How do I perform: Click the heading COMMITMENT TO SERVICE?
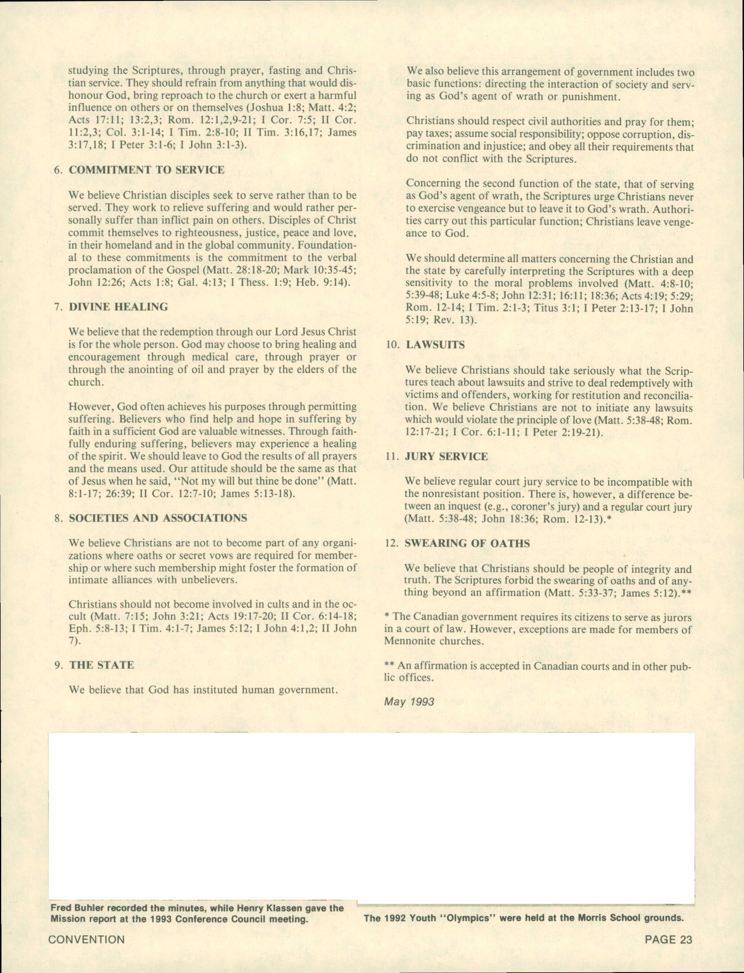pos(146,170)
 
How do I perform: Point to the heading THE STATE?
pos(101,665)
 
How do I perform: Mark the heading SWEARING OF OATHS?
pos(467,544)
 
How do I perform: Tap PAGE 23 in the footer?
pos(668,939)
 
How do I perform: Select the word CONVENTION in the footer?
pos(86,939)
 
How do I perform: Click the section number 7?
pos(57,307)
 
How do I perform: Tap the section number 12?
pos(392,544)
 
